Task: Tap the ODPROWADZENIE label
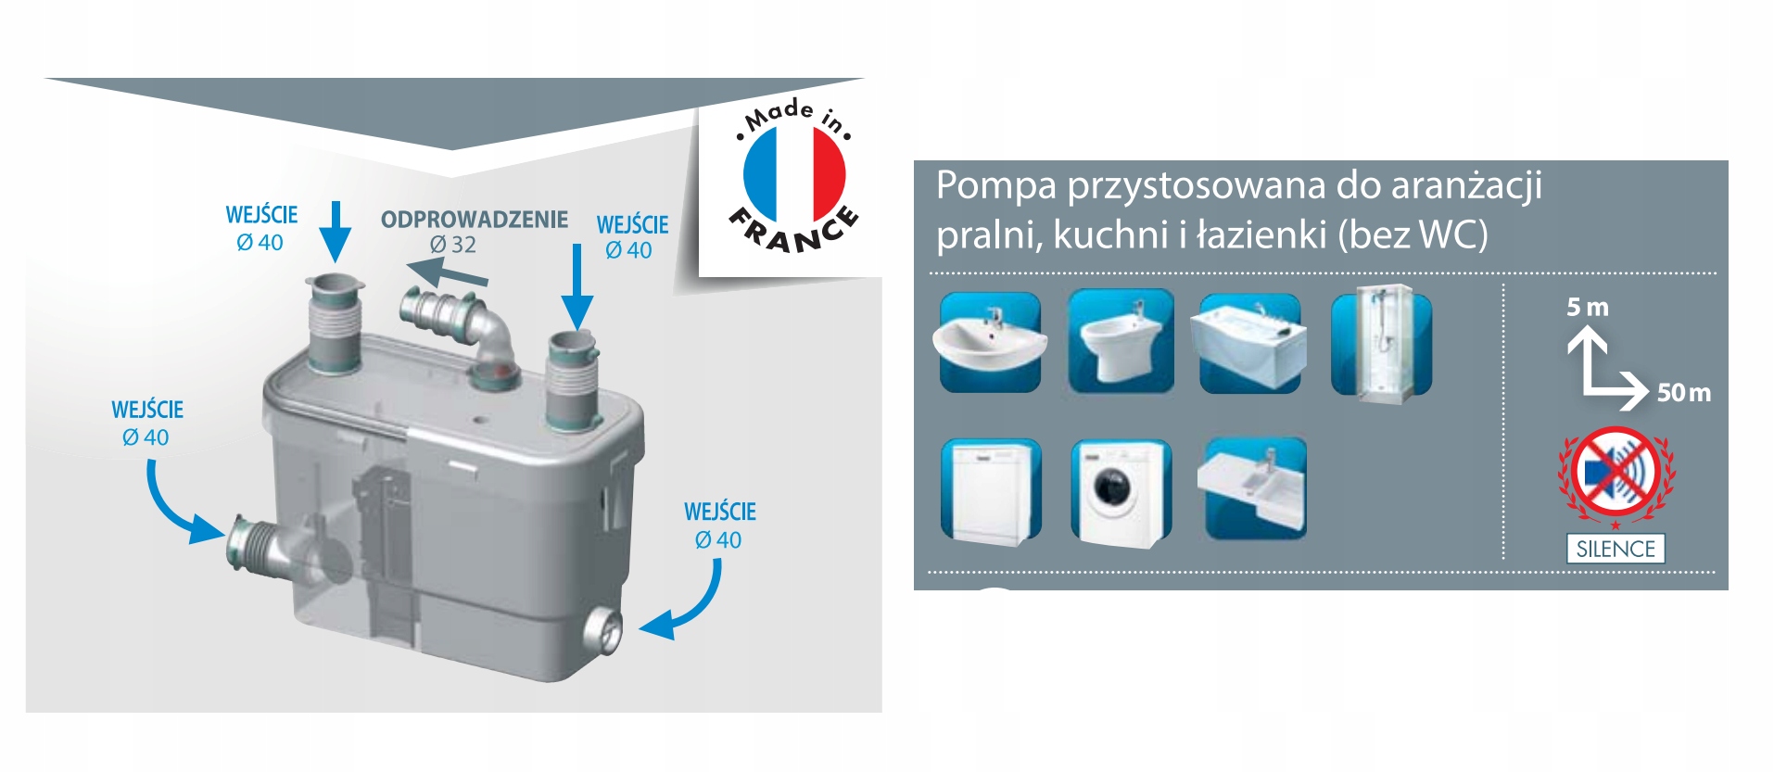[x=475, y=220]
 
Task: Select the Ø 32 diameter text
[x=452, y=245]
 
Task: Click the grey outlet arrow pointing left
[x=447, y=274]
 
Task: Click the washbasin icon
[x=990, y=342]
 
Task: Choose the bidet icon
[x=1121, y=341]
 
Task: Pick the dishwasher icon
[x=991, y=490]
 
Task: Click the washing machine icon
[x=1121, y=492]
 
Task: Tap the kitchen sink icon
[x=1252, y=488]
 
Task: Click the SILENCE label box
[x=1616, y=549]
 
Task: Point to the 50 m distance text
[x=1684, y=393]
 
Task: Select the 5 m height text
[x=1588, y=307]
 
